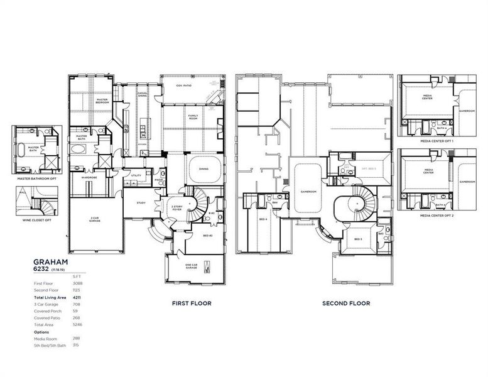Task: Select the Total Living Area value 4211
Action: (x=77, y=297)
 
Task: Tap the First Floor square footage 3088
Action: (x=77, y=283)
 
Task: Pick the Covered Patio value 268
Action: (x=77, y=317)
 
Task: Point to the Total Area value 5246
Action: (x=77, y=324)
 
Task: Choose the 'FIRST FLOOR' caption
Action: (x=192, y=303)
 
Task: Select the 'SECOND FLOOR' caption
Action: (x=346, y=303)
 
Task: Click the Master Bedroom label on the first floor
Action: (x=102, y=100)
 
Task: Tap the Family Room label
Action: (x=193, y=117)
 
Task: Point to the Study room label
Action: (x=140, y=202)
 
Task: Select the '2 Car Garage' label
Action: (x=95, y=219)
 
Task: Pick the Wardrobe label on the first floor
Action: (x=88, y=177)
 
